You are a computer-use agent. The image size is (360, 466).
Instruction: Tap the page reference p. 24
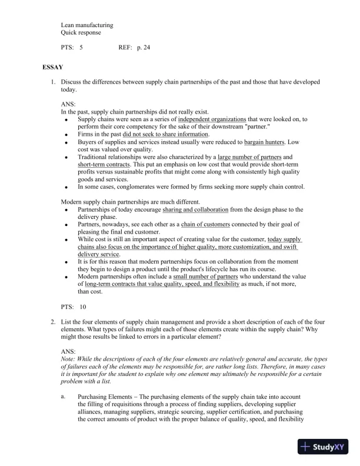pyautogui.click(x=143, y=47)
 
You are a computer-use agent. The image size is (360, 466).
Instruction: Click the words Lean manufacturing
pyautogui.click(x=87, y=25)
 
